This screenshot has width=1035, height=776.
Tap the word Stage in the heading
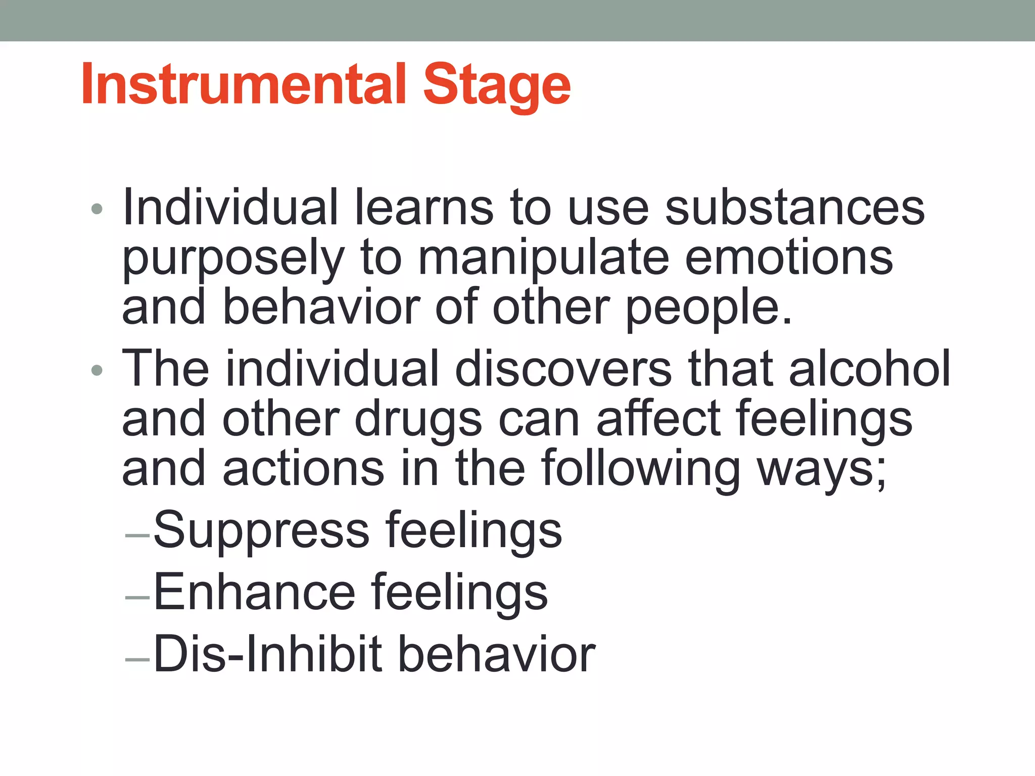coord(497,86)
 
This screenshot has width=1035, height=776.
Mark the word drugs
coord(418,420)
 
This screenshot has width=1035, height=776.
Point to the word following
coord(640,470)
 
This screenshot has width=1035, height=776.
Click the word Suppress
coord(262,530)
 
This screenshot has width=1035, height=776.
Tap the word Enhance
coord(254,592)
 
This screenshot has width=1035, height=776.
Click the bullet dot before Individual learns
coord(97,209)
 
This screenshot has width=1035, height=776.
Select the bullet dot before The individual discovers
coord(97,371)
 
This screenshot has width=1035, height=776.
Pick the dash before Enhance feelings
coord(137,597)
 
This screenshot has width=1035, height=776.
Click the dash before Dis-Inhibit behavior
coord(137,659)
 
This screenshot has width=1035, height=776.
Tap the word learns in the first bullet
coord(424,208)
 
